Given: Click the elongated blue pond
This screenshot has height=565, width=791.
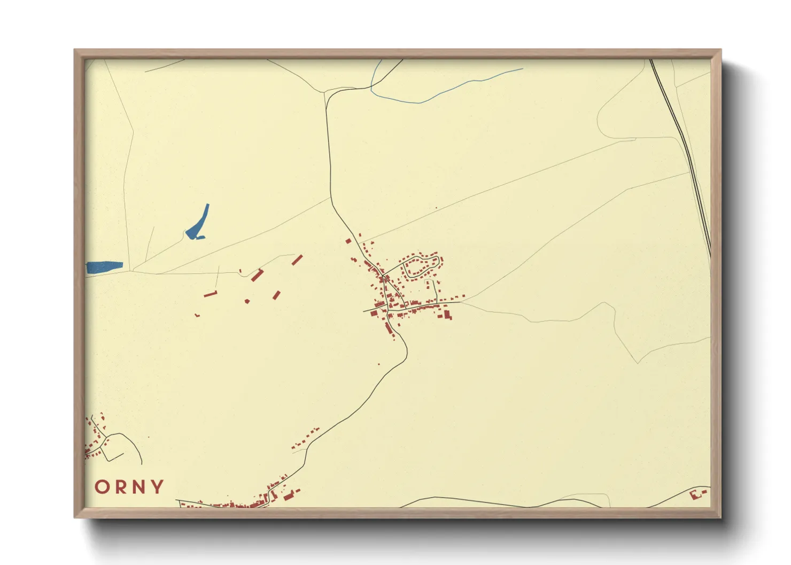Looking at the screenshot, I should click(x=198, y=223).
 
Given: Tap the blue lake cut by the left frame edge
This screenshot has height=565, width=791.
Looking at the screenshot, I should click(x=104, y=266).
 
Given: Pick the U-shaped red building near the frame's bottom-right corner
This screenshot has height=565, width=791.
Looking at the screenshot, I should click(x=697, y=494).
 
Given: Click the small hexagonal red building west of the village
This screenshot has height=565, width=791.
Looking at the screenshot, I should click(x=247, y=302).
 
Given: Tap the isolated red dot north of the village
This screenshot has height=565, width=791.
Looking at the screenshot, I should click(x=437, y=208).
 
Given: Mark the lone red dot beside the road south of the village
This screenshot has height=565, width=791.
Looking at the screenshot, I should click(x=379, y=364).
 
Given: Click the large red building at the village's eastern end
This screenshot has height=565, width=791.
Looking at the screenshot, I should click(x=447, y=315).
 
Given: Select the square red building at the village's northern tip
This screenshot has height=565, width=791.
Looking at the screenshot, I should click(x=348, y=241).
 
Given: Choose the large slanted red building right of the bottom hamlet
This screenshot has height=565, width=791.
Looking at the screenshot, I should click(x=289, y=496).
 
